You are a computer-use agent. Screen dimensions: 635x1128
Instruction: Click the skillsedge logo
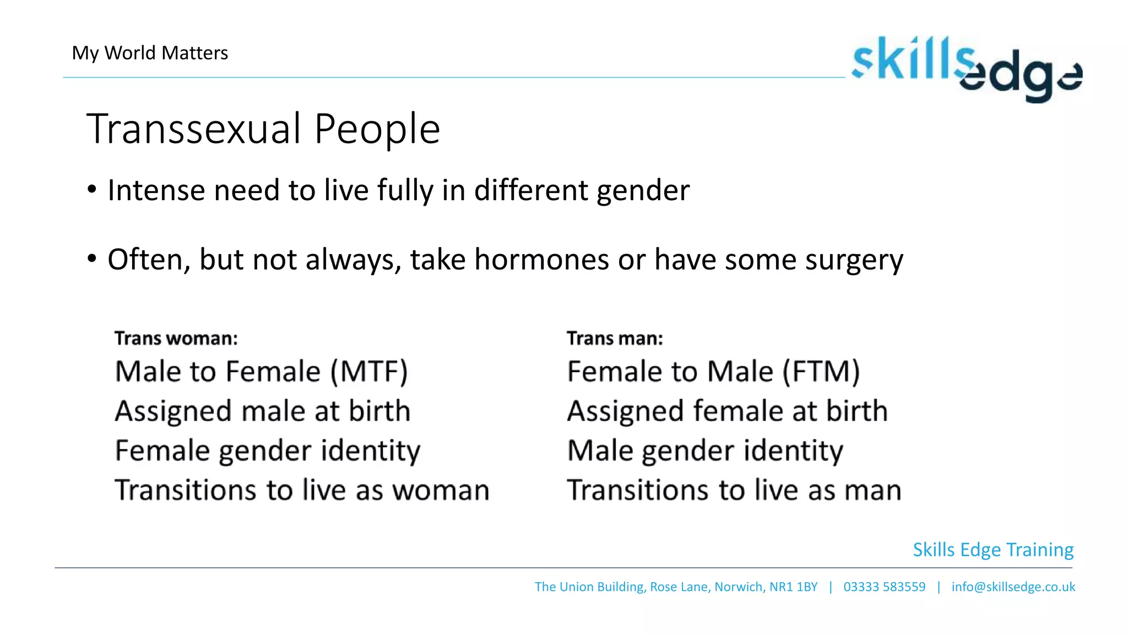[967, 68]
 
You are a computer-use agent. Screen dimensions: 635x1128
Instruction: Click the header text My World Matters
[150, 53]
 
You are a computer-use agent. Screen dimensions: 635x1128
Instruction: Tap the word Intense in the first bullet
[156, 190]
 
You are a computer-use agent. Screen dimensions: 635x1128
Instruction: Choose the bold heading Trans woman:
[176, 338]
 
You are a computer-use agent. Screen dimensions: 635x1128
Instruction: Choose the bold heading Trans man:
[615, 338]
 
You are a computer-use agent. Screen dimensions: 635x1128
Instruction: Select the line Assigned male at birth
[263, 411]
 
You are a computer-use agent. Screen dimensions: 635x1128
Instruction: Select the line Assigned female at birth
[727, 411]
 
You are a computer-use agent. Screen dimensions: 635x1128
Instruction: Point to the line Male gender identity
[705, 451]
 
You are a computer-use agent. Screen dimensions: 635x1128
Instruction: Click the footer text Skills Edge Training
[993, 550]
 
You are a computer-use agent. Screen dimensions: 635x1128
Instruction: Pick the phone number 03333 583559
[884, 586]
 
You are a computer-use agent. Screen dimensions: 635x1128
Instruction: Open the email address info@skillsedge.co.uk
[1013, 586]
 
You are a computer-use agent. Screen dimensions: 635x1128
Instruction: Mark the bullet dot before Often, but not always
[91, 258]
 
